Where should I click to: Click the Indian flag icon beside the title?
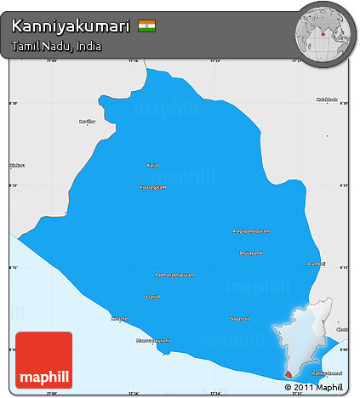[x=146, y=26]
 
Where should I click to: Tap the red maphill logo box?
[x=39, y=360]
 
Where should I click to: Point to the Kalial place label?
[x=153, y=165]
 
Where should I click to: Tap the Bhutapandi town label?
[x=251, y=253]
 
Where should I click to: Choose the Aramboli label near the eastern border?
[x=316, y=264]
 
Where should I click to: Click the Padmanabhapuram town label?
[x=174, y=275]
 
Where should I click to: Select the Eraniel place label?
[x=153, y=297]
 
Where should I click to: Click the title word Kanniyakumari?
[x=71, y=26]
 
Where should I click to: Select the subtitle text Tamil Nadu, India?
[x=57, y=46]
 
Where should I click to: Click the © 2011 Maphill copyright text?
[x=317, y=388]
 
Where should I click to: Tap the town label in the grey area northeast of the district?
[x=327, y=99]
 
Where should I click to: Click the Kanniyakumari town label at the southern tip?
[x=327, y=372]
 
